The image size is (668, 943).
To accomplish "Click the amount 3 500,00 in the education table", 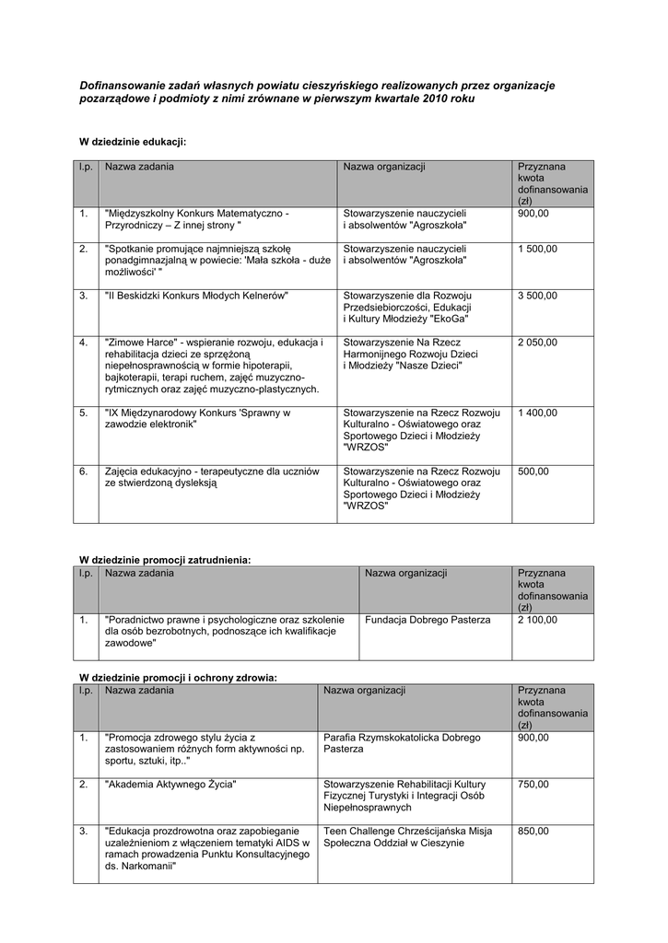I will coord(537,296).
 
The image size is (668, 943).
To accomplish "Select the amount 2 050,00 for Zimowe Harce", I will coord(537,343).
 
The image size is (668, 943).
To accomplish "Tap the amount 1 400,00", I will coord(537,413).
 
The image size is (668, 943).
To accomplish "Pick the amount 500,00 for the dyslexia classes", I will coord(533,471).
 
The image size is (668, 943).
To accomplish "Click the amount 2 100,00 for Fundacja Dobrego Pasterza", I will coord(537,621).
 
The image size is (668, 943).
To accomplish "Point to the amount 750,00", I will coord(533,785).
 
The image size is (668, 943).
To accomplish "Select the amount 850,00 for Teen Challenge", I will coord(533,832).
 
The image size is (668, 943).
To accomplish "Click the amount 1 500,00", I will coord(537,249).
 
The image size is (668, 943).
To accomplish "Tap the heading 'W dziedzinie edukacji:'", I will coord(133,143).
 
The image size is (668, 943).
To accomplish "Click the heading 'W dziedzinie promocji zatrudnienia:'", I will coord(164,559).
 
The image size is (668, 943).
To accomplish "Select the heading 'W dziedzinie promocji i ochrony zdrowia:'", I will coord(177,678).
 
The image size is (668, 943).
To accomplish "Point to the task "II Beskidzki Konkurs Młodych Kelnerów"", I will coord(197,296).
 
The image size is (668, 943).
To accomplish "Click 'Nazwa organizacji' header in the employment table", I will coord(405,574).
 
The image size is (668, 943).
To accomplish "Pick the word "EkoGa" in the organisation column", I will coord(448,319).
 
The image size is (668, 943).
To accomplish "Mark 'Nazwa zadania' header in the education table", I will coord(139,167).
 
